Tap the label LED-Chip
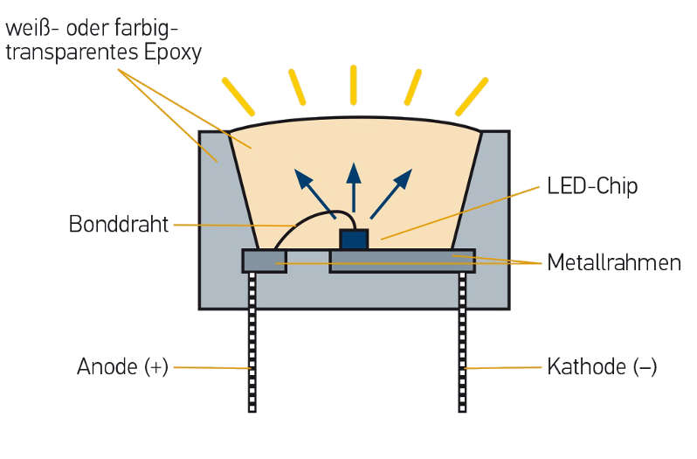tap(592, 186)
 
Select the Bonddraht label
tap(118, 225)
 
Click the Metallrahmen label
tap(613, 262)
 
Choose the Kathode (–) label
tap(601, 367)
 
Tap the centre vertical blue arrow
tap(353, 185)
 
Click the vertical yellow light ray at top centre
tap(353, 85)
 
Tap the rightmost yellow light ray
tap(472, 96)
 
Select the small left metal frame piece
tap(264, 261)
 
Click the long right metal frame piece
tap(402, 261)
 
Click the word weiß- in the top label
tap(31, 26)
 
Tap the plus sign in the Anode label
tap(157, 367)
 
